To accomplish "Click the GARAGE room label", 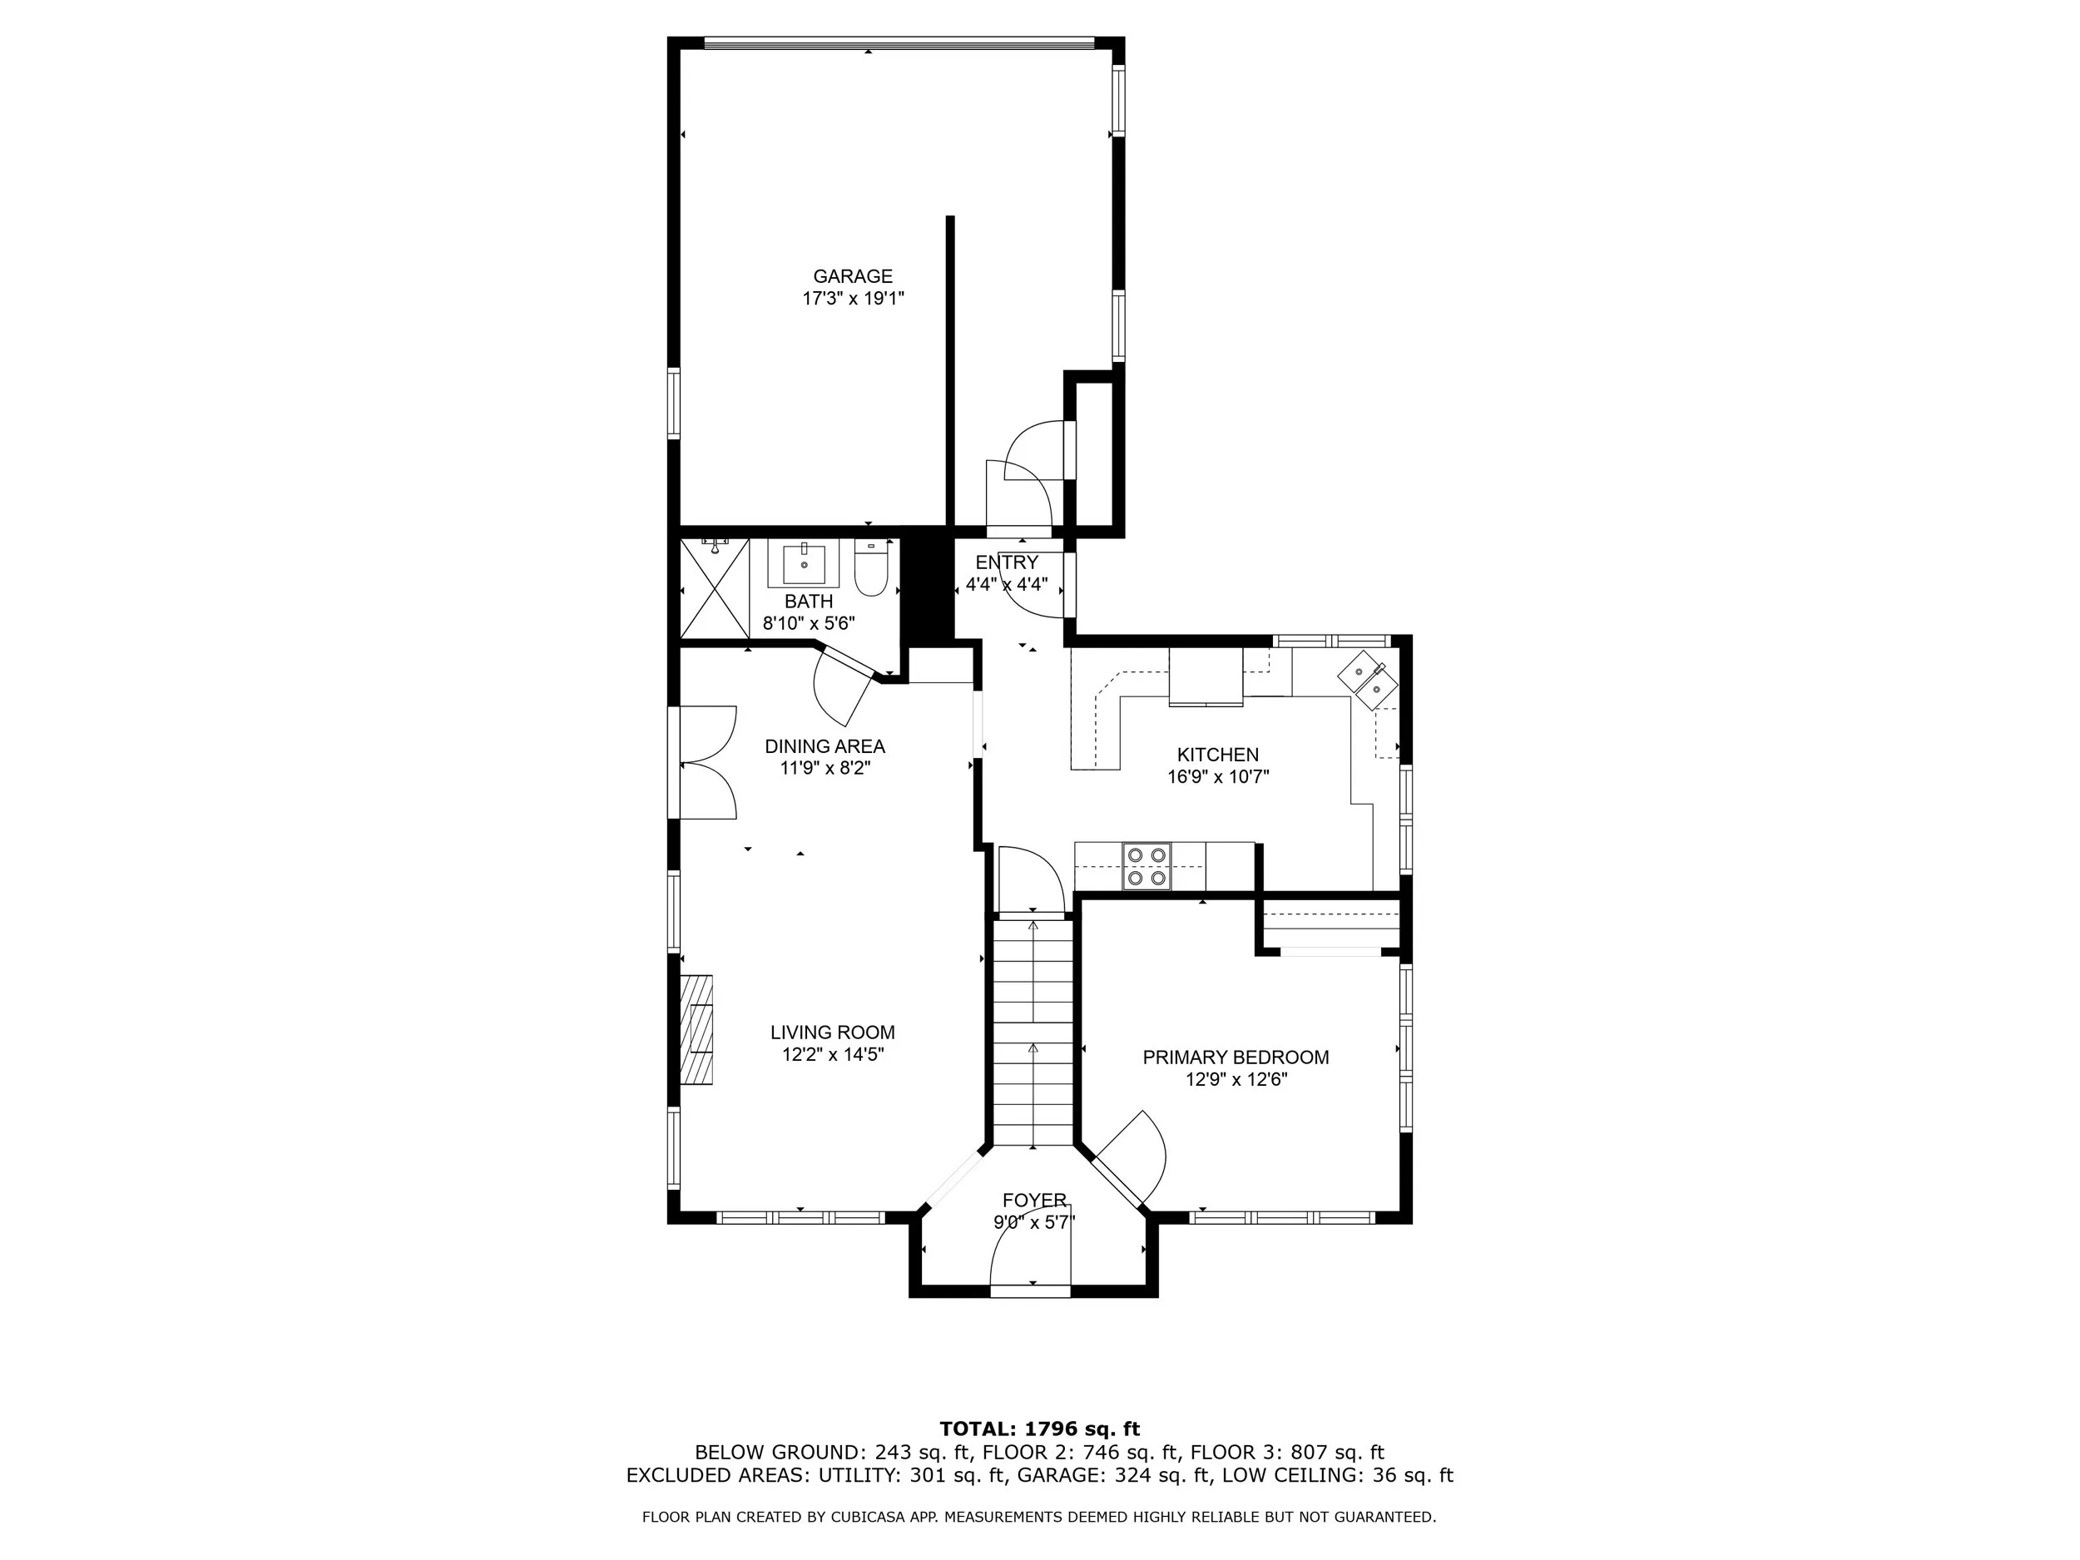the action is pyautogui.click(x=853, y=276).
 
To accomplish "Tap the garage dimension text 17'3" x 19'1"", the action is pyautogui.click(x=853, y=299).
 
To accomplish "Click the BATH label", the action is pyautogui.click(x=809, y=602).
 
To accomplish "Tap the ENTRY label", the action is pyautogui.click(x=1007, y=562).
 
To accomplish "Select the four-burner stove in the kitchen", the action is pyautogui.click(x=1147, y=866).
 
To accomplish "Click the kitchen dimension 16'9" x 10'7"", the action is pyautogui.click(x=1218, y=778).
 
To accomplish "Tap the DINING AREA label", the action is pyautogui.click(x=825, y=746).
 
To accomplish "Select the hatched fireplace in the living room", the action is pyautogui.click(x=696, y=1030).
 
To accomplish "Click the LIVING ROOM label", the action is pyautogui.click(x=832, y=1033).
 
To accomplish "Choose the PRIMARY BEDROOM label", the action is pyautogui.click(x=1236, y=1057).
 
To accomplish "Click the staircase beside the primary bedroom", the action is pyautogui.click(x=1033, y=1031).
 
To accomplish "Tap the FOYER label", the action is pyautogui.click(x=1034, y=1201).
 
